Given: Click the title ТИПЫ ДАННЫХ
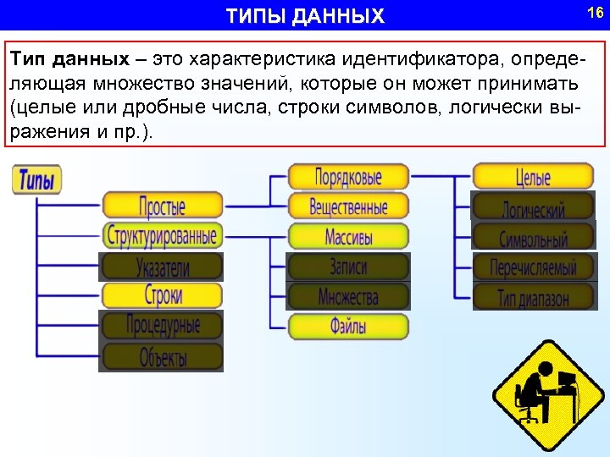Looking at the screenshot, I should (305, 16).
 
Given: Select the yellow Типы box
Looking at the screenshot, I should (37, 179).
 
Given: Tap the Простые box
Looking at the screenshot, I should (162, 205).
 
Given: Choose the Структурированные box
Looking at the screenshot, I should (162, 235).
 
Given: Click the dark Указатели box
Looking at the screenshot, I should (162, 267).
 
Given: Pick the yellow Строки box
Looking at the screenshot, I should (162, 296).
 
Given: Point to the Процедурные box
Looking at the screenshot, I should (162, 325).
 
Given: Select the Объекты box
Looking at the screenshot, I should (162, 357).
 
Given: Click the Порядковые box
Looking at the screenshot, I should (348, 177).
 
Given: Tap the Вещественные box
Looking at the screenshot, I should (348, 206).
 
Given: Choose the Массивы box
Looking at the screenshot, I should (348, 236).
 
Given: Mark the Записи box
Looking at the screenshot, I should (348, 267).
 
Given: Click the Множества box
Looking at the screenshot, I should (348, 296).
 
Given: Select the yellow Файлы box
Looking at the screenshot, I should (348, 326).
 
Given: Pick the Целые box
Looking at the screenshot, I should (534, 177).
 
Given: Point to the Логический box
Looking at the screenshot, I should (534, 206).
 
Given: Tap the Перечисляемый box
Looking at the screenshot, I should (534, 267).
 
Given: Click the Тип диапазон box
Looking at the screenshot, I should (534, 296).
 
